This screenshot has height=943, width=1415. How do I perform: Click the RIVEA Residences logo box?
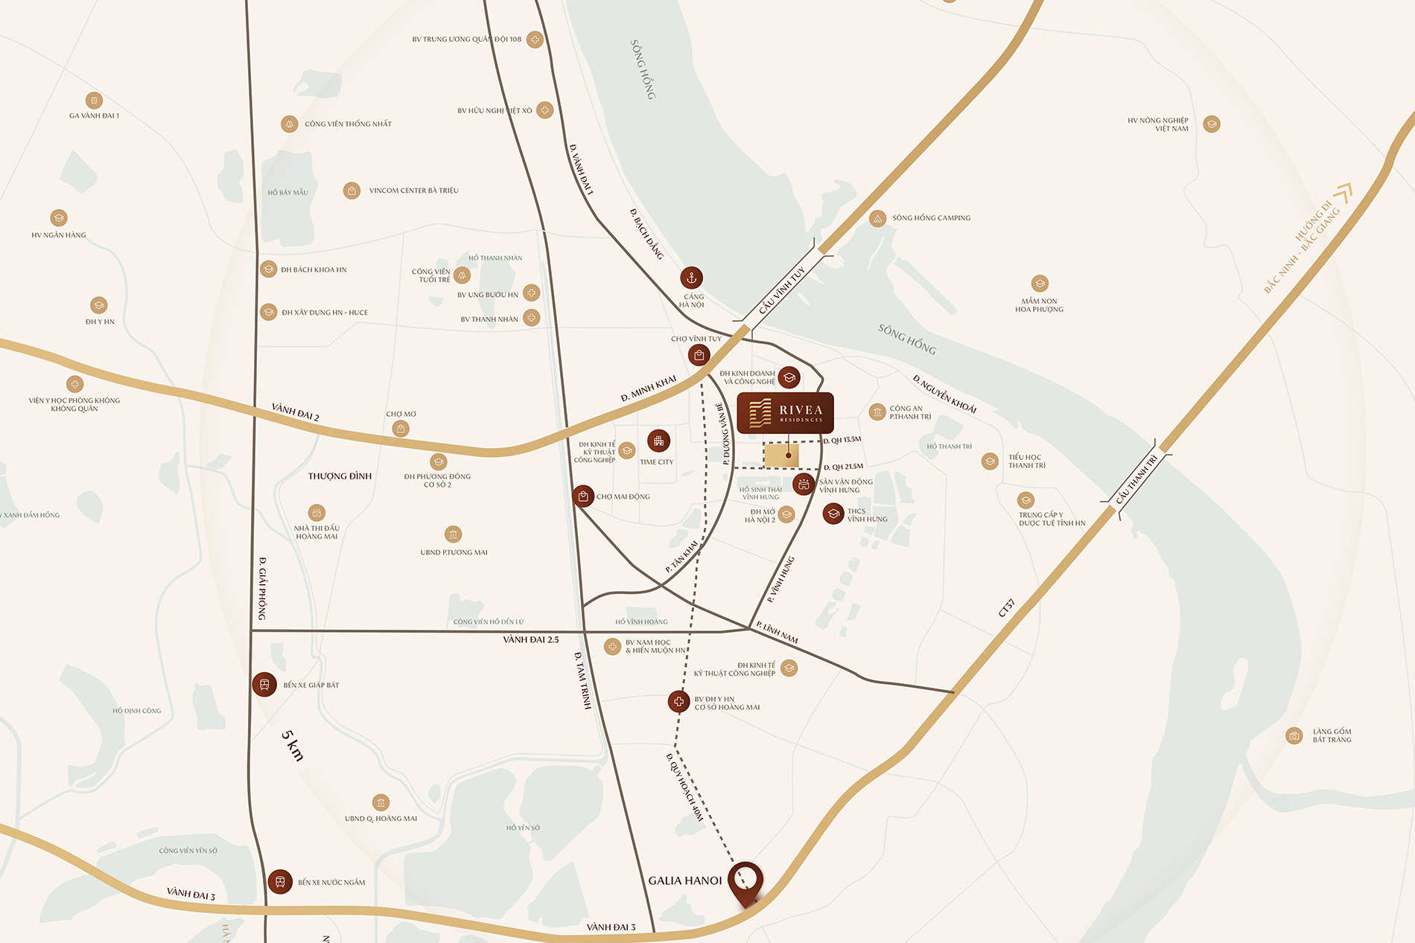(x=785, y=413)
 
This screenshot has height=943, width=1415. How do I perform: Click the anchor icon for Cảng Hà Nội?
(x=691, y=278)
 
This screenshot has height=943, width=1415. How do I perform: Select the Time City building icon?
(x=658, y=441)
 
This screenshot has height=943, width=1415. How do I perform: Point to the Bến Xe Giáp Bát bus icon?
(x=264, y=684)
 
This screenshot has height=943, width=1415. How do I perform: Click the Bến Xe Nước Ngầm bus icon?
(x=280, y=881)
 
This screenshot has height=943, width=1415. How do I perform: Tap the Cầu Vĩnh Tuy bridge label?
(x=782, y=290)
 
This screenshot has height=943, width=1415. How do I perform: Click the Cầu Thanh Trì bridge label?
(x=1137, y=479)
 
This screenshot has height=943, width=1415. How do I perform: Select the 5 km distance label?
(x=292, y=745)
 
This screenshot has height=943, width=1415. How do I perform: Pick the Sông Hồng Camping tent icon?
(x=877, y=218)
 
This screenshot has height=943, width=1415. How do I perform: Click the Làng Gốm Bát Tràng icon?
(x=1294, y=735)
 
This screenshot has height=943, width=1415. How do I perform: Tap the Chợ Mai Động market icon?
(x=583, y=496)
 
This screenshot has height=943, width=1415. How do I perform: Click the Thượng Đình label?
(x=340, y=476)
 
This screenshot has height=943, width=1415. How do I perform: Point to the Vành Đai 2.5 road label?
(x=530, y=639)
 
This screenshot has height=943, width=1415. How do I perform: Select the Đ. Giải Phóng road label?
(x=262, y=588)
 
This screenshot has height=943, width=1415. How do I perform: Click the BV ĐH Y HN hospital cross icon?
(x=678, y=701)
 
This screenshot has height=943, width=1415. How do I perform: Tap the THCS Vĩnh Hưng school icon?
(x=833, y=514)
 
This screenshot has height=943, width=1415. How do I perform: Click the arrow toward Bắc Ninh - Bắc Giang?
(x=1343, y=194)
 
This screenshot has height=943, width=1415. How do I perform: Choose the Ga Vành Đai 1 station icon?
(x=94, y=100)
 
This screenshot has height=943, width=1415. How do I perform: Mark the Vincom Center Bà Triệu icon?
(x=352, y=191)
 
